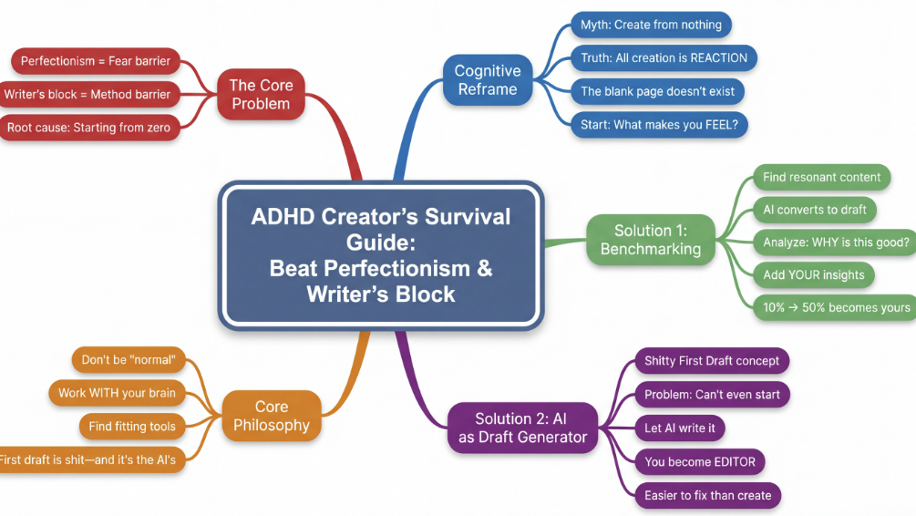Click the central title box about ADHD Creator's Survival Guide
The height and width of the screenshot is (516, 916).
[380, 255]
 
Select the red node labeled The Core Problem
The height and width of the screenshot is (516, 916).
[261, 95]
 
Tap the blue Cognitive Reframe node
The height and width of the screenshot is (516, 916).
[487, 80]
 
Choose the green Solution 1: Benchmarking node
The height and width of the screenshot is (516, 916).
[650, 240]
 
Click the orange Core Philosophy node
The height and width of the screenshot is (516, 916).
[271, 416]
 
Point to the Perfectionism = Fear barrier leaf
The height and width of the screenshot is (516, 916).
[95, 61]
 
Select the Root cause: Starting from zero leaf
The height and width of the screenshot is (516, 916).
[88, 128]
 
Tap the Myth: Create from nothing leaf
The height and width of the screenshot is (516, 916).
[651, 25]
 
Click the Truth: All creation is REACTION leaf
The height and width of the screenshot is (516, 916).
[664, 58]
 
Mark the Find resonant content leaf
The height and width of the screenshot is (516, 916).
[821, 177]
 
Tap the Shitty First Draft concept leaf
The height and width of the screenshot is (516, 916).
[711, 361]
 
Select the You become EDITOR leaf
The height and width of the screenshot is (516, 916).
[699, 462]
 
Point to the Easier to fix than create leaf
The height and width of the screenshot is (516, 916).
[707, 496]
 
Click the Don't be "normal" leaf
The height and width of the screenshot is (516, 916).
[127, 359]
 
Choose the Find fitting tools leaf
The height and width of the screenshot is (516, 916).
[132, 426]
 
